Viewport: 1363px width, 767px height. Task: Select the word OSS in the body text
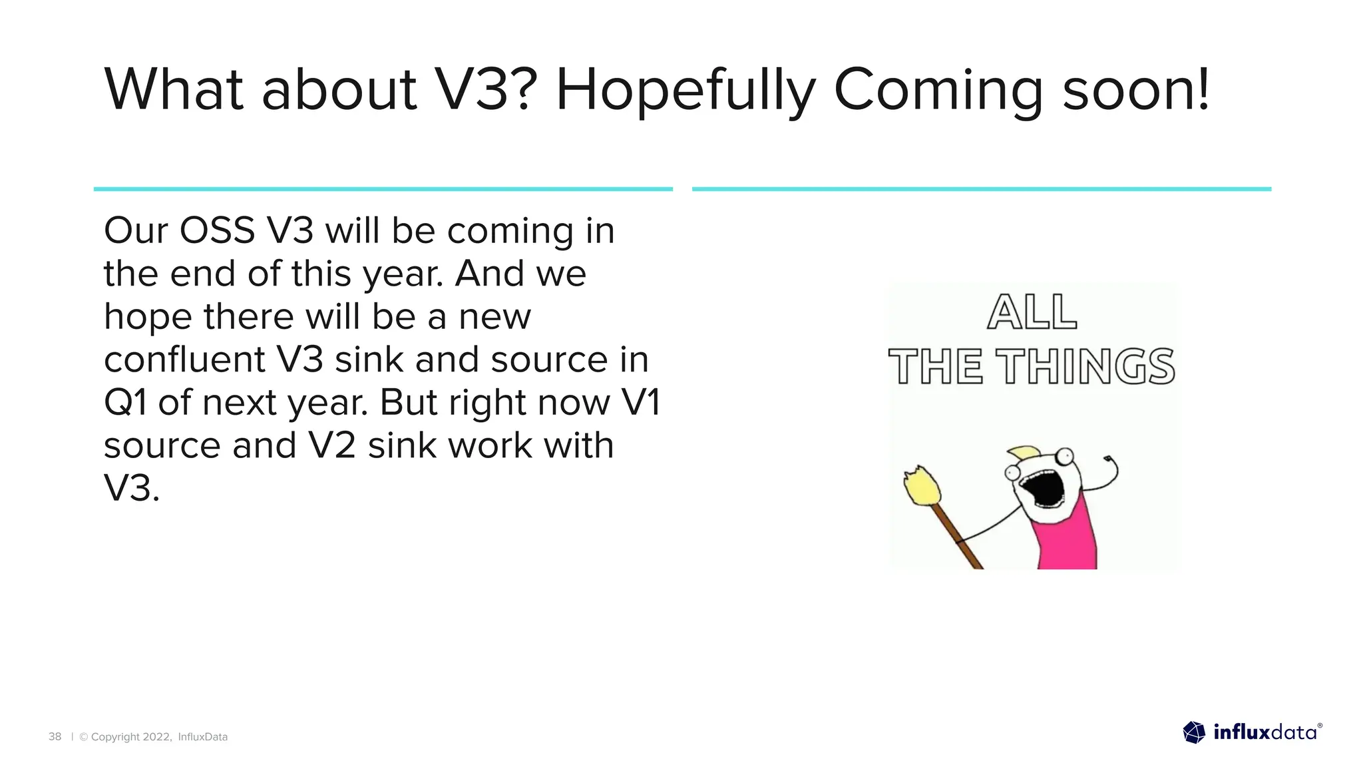(217, 230)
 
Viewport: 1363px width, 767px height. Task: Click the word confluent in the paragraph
(184, 360)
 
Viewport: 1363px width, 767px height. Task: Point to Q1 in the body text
(125, 403)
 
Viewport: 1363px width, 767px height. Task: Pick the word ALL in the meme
(1032, 312)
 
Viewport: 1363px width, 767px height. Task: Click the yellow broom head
(922, 485)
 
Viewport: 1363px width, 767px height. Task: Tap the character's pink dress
(1065, 539)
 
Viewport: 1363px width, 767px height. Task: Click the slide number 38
(55, 736)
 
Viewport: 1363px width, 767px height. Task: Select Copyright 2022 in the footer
(130, 736)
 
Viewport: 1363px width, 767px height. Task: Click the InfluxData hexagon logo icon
(1194, 732)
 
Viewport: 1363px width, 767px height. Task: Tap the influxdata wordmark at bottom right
(1265, 732)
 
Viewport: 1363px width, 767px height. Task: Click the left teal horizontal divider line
(383, 189)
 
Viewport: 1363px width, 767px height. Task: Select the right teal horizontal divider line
(982, 189)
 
